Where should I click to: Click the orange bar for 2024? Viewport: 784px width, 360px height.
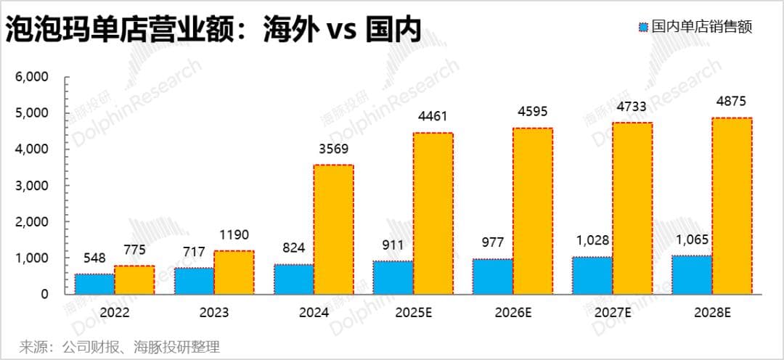tap(333, 229)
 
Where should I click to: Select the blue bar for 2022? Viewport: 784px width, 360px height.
tap(94, 284)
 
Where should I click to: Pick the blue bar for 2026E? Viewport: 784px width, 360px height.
tap(493, 277)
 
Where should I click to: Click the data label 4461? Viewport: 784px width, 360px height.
tap(433, 116)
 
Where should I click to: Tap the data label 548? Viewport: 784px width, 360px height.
tap(95, 258)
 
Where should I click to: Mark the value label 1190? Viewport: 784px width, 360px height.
tap(234, 235)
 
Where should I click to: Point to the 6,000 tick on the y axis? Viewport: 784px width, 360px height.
tap(31, 77)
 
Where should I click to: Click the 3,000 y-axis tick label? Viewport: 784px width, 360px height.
tap(31, 186)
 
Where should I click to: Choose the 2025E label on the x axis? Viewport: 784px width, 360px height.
tap(413, 313)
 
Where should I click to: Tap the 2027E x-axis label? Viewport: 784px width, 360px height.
tap(612, 313)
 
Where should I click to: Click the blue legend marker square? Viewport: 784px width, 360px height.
tap(642, 28)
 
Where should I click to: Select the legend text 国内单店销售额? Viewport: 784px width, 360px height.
tap(702, 28)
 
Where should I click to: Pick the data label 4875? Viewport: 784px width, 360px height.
tap(731, 102)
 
